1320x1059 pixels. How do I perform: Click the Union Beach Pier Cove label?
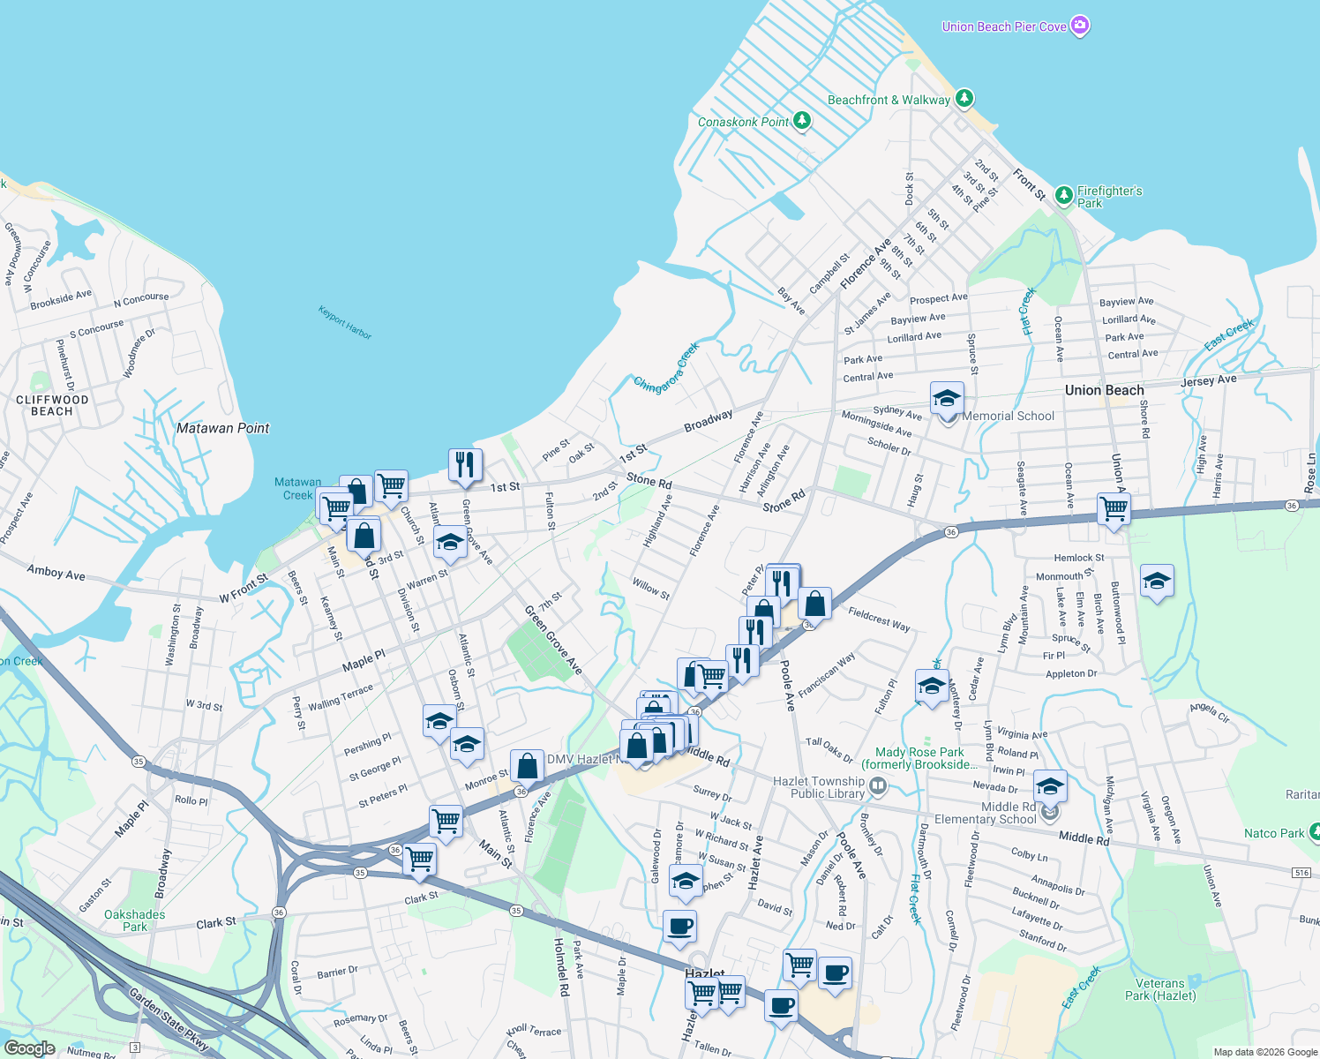pyautogui.click(x=1004, y=26)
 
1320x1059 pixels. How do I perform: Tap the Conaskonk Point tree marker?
pyautogui.click(x=802, y=120)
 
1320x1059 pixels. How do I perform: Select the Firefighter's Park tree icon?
pyautogui.click(x=1064, y=194)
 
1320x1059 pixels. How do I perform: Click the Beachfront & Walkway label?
pyautogui.click(x=889, y=100)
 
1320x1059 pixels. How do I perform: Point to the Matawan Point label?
pyautogui.click(x=222, y=428)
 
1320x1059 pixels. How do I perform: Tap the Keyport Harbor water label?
pyautogui.click(x=345, y=322)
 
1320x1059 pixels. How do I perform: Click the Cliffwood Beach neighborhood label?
pyautogui.click(x=52, y=405)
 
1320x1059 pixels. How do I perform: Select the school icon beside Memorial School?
pyautogui.click(x=947, y=399)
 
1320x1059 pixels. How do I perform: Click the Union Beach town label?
pyautogui.click(x=1104, y=390)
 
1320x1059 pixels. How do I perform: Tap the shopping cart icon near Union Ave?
pyautogui.click(x=1114, y=508)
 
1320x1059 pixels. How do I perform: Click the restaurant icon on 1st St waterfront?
pyautogui.click(x=465, y=464)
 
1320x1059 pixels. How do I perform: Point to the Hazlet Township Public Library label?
pyautogui.click(x=819, y=787)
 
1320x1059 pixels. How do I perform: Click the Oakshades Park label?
pyautogui.click(x=134, y=920)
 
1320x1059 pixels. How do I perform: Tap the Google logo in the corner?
pyautogui.click(x=29, y=1048)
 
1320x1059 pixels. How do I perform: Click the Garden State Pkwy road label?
pyautogui.click(x=169, y=1019)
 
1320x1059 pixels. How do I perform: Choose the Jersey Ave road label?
pyautogui.click(x=1208, y=380)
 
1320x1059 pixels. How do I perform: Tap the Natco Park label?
pyautogui.click(x=1273, y=833)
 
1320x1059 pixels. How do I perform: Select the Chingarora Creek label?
pyautogui.click(x=666, y=367)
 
